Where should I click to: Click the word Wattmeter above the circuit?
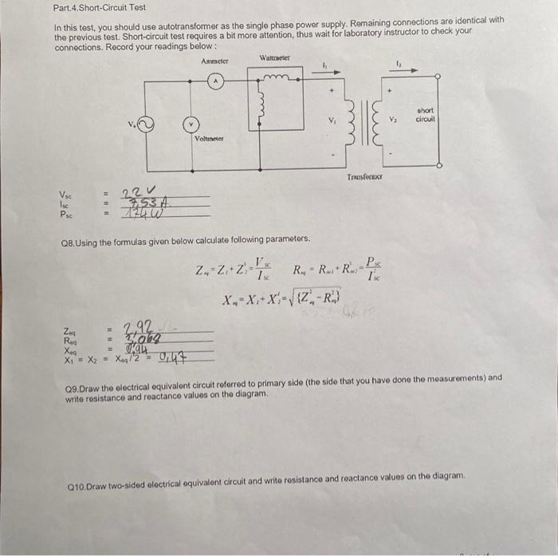click(x=275, y=57)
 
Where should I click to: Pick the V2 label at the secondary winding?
click(x=392, y=120)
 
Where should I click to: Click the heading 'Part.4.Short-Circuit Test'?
click(x=99, y=7)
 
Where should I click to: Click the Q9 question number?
click(x=72, y=378)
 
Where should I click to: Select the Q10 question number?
click(x=76, y=486)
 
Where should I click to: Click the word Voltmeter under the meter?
click(x=209, y=139)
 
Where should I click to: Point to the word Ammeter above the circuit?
click(x=215, y=61)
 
